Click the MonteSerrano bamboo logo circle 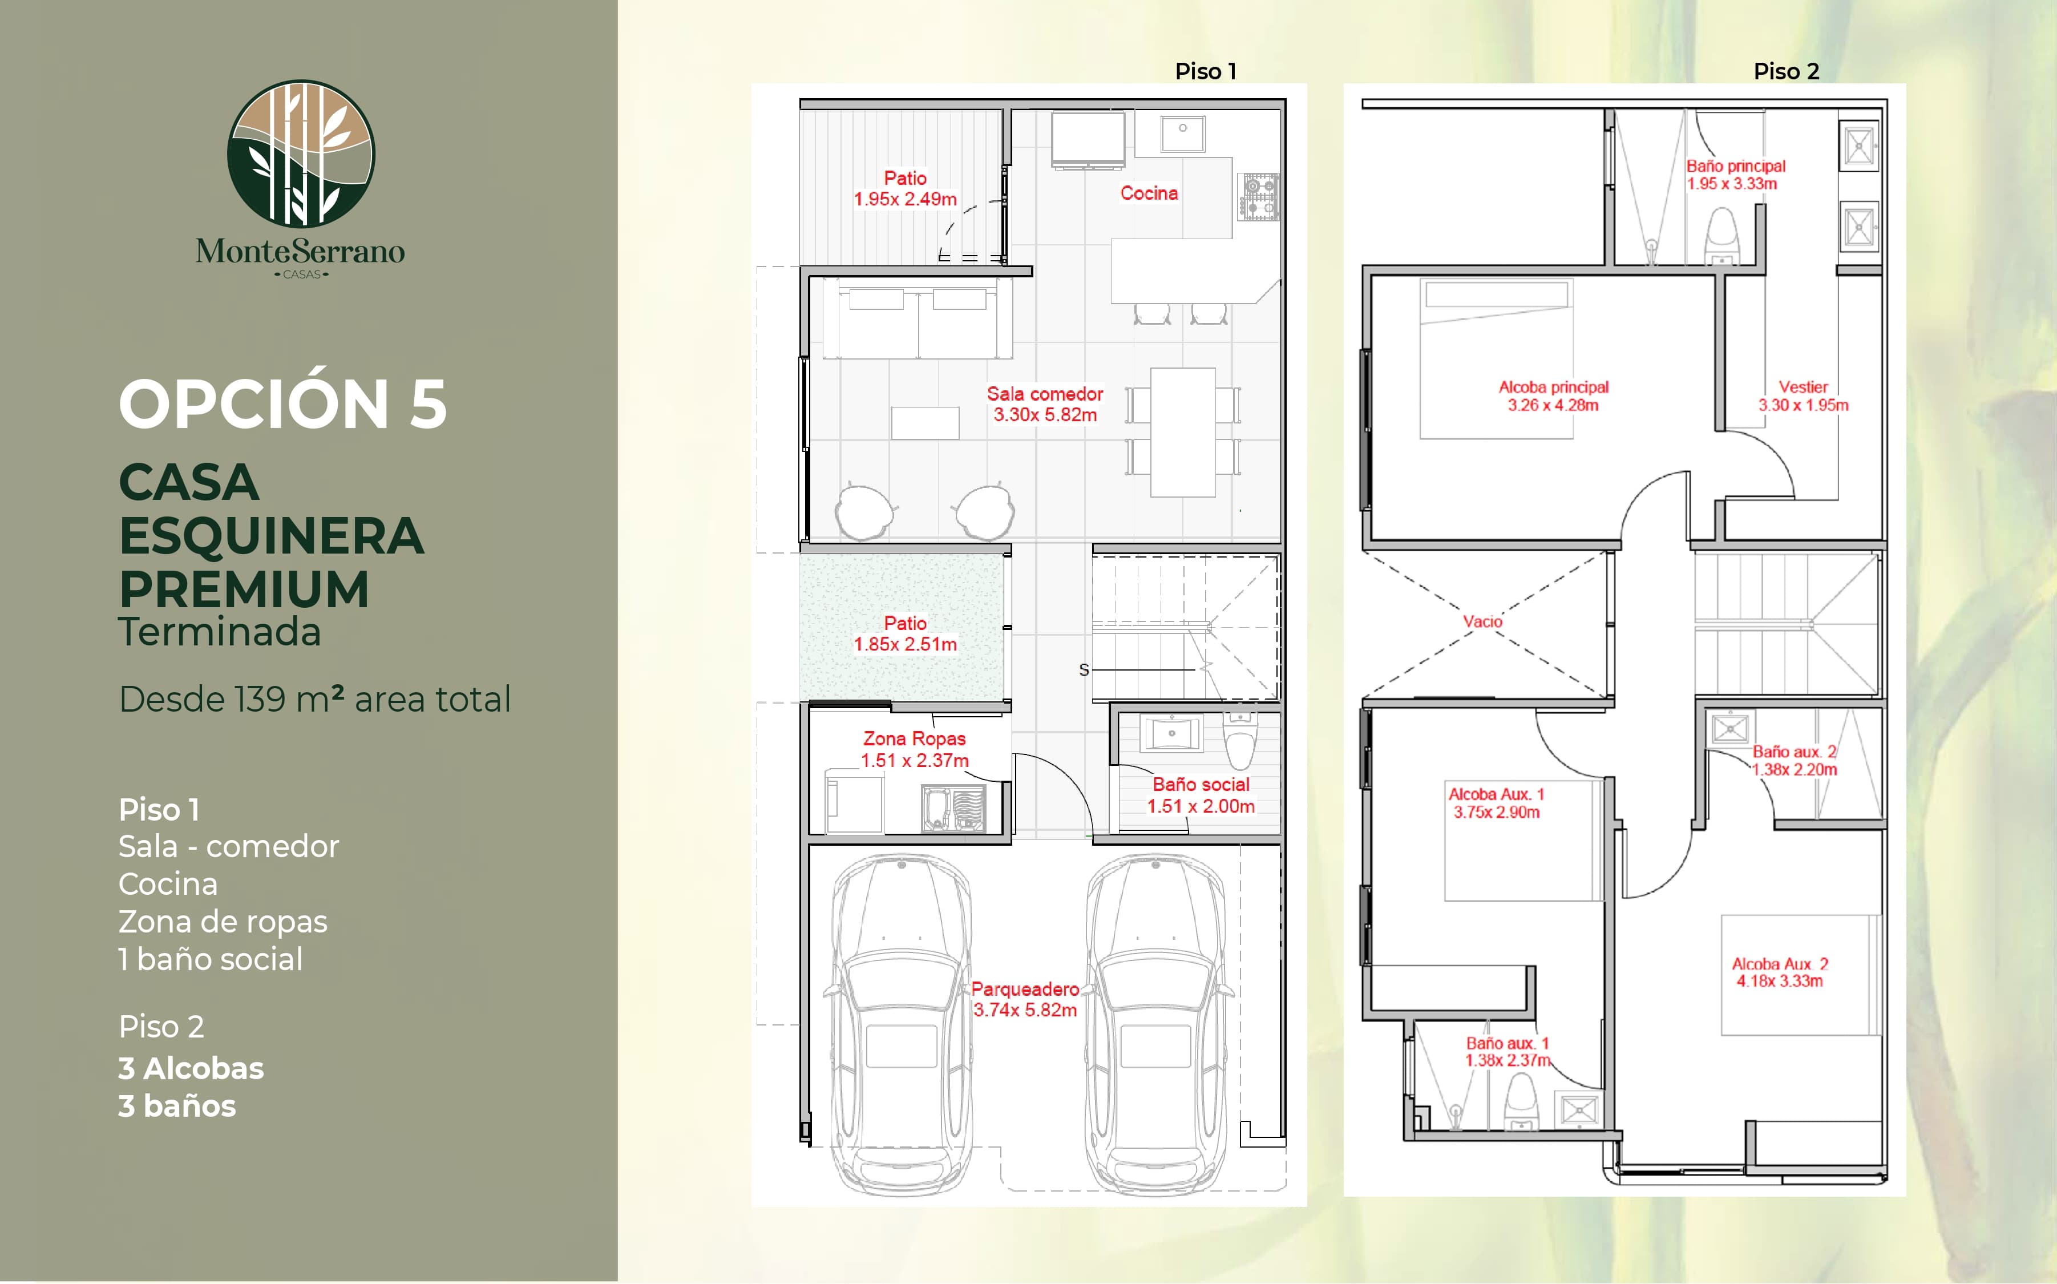[x=301, y=154]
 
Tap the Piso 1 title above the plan [x=1206, y=71]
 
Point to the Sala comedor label [x=1045, y=404]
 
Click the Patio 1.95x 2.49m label [x=905, y=188]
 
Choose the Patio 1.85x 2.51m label [x=905, y=633]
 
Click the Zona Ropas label [x=914, y=749]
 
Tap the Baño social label [x=1201, y=795]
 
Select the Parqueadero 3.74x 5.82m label [x=1025, y=999]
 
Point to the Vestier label [x=1803, y=395]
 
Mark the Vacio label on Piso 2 [x=1482, y=621]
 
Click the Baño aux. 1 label [x=1508, y=1051]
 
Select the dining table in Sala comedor [x=1183, y=431]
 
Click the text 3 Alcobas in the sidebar [x=191, y=1068]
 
